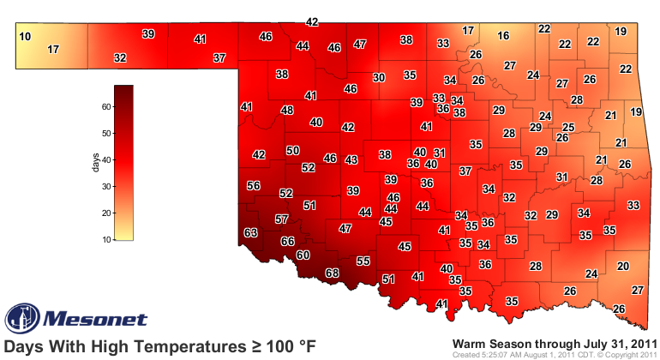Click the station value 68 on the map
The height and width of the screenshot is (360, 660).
click(x=333, y=273)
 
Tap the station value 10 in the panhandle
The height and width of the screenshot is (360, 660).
click(x=25, y=36)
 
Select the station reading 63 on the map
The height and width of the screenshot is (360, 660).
click(x=251, y=233)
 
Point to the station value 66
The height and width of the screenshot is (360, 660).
click(x=288, y=242)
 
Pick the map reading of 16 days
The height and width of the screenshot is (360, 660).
click(x=503, y=36)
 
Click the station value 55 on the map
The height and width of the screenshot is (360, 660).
click(x=363, y=261)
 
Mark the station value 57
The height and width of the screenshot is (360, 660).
click(x=281, y=219)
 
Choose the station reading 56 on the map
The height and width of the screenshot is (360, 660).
click(x=253, y=186)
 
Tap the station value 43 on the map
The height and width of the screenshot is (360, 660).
click(x=351, y=160)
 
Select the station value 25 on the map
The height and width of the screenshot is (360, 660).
click(x=568, y=127)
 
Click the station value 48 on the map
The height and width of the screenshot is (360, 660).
click(x=287, y=111)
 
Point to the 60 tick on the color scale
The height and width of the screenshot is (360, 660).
click(x=107, y=107)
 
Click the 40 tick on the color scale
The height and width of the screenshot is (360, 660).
click(x=107, y=160)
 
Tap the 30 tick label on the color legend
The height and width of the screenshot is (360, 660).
click(x=107, y=187)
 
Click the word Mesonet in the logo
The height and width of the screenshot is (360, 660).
click(x=87, y=318)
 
